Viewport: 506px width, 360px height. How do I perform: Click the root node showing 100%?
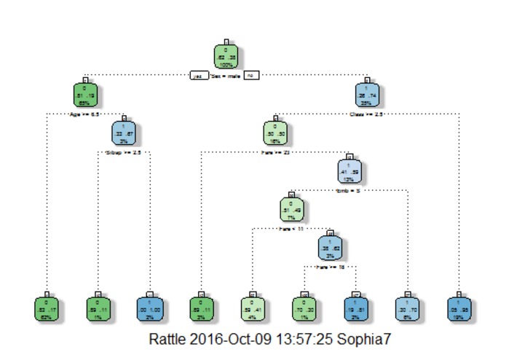click(x=227, y=55)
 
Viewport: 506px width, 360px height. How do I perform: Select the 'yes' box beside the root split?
click(x=197, y=75)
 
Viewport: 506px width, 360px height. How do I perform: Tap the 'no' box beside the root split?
click(x=250, y=75)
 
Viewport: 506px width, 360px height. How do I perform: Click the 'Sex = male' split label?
click(x=225, y=75)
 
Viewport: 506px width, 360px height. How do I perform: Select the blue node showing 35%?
click(x=366, y=95)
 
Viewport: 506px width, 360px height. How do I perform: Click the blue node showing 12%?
click(x=349, y=172)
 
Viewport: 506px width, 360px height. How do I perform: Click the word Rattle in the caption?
click(x=168, y=340)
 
